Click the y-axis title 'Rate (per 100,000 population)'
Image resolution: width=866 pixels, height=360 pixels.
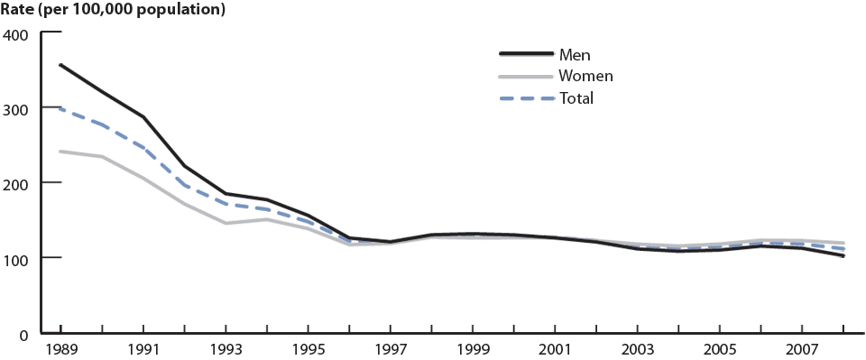coord(114,11)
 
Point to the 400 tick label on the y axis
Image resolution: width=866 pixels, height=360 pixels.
coord(17,34)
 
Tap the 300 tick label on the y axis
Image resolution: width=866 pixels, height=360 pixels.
coord(17,108)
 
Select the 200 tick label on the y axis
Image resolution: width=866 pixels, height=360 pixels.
coord(17,183)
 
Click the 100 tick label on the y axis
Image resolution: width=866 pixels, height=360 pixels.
coord(17,258)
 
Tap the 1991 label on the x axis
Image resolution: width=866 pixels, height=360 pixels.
coord(143,348)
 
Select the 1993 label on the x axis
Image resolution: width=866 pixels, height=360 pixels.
coord(226,348)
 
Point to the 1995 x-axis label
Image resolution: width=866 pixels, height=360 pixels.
coord(308,348)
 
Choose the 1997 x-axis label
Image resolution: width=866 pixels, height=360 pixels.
coord(390,348)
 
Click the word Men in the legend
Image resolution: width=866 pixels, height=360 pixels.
coord(575,55)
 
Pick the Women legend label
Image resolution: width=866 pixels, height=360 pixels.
coord(585,77)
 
